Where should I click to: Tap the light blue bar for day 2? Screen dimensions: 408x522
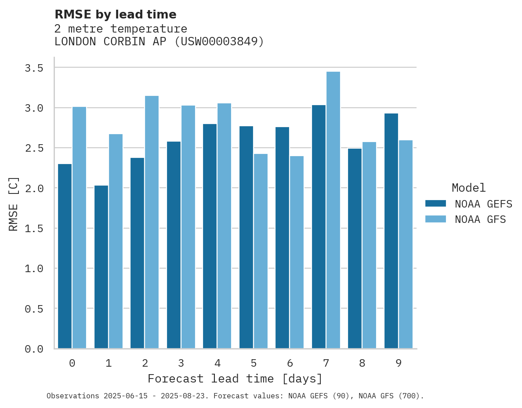pos(152,222)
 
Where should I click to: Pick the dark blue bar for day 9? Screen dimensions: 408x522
pos(391,231)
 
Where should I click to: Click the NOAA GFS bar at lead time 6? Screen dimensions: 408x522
pos(297,252)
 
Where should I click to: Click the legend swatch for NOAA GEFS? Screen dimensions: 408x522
pos(435,204)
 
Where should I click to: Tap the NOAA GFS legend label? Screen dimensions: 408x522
pos(480,219)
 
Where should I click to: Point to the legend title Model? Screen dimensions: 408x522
pos(468,188)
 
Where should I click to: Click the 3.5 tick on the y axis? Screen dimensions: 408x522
pos(34,68)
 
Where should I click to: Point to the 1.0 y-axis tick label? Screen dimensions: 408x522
pos(34,269)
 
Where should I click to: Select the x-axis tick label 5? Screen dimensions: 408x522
pos(254,364)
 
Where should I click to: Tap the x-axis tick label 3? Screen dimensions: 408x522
pos(181,364)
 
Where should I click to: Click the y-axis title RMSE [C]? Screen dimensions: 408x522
pos(14,204)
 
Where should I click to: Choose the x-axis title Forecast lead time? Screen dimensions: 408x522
pos(235,379)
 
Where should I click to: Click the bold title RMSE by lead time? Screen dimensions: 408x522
pos(115,15)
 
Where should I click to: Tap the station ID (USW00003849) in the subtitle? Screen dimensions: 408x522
pos(219,42)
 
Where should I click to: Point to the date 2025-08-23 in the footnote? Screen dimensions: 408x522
pos(185,396)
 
